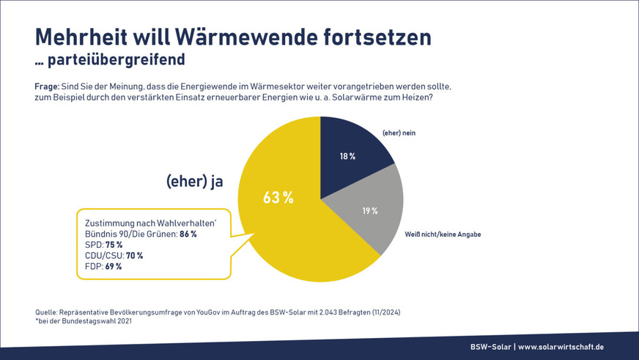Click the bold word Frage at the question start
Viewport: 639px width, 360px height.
pos(48,86)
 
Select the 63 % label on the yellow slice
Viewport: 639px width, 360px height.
pos(278,197)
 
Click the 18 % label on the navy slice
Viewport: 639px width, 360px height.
pos(347,156)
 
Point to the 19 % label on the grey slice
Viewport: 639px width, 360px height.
pos(369,211)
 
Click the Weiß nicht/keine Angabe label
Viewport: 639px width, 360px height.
pos(443,235)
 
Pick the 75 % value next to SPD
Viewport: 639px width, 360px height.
pos(114,245)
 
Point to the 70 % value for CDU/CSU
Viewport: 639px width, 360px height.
pos(134,256)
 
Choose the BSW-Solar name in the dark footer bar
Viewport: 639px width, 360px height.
pos(490,347)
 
